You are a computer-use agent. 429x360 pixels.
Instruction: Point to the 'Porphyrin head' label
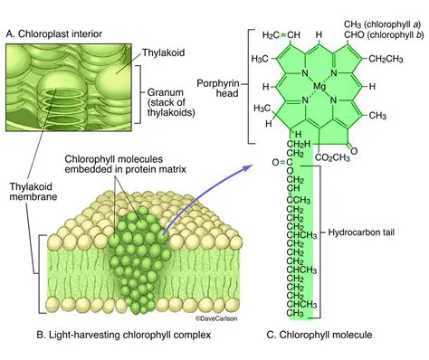pos(217,89)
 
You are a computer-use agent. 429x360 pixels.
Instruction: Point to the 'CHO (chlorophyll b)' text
pos(376,35)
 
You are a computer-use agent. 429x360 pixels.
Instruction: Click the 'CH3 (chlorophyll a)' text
pos(376,23)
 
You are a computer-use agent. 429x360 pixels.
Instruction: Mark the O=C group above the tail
pos(285,163)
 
